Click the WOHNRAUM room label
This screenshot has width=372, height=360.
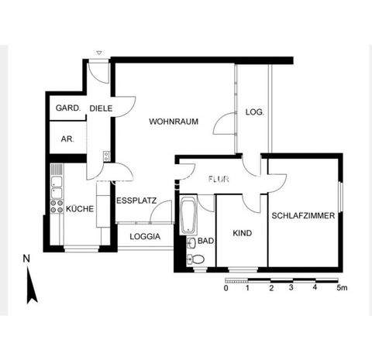point(175,122)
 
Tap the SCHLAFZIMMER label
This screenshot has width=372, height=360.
point(303,216)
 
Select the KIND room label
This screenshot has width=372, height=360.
point(242,232)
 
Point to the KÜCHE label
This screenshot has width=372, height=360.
point(80,209)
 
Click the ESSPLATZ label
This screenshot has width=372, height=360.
point(136,201)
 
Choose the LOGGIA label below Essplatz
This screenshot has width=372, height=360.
point(146,236)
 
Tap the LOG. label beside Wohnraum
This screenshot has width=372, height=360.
point(255,112)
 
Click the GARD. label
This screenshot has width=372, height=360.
point(67,109)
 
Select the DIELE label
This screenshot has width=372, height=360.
point(101,109)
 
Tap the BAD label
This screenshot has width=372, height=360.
point(205,242)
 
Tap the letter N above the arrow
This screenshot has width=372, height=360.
point(26,259)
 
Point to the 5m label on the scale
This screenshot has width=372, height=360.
point(342,288)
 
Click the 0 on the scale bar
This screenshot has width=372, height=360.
point(226,288)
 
